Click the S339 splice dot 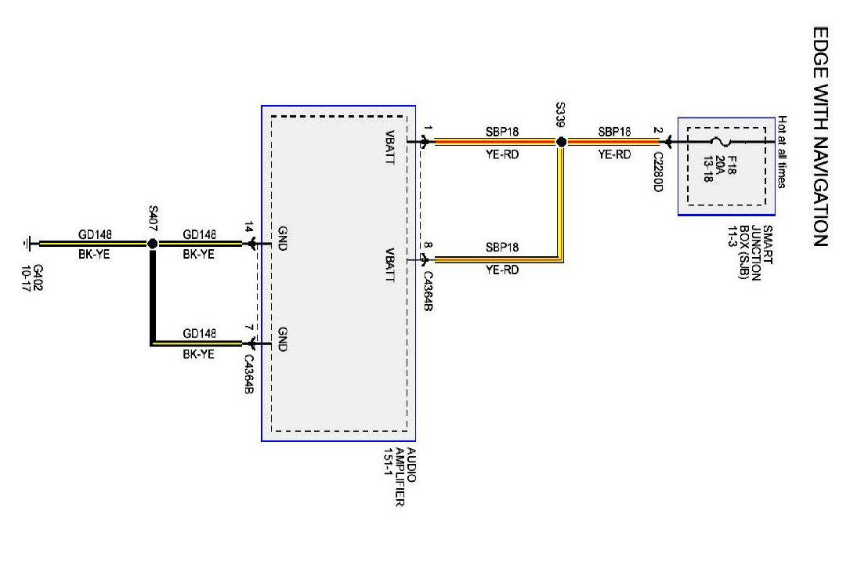pos(561,143)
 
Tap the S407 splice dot pos(153,244)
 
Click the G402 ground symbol pos(29,244)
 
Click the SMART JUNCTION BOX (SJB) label pos(756,254)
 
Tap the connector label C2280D pos(659,172)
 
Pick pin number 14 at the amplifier pos(250,230)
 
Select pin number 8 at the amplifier pos(428,246)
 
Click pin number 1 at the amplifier pos(428,129)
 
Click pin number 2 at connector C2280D pos(659,130)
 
